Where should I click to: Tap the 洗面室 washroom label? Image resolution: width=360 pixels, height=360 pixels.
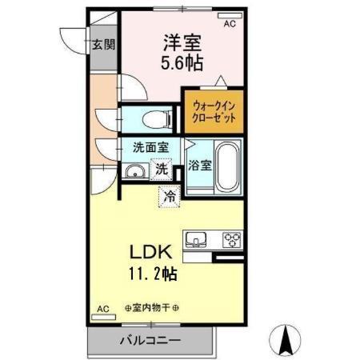(x=150, y=147)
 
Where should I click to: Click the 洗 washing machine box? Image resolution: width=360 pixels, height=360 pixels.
(x=162, y=169)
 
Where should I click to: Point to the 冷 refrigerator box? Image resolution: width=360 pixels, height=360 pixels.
(x=169, y=194)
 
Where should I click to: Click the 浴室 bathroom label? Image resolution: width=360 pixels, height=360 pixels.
(x=201, y=166)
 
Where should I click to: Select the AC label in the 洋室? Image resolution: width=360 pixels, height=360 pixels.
(x=230, y=25)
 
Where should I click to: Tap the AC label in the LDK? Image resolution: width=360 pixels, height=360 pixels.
(x=103, y=308)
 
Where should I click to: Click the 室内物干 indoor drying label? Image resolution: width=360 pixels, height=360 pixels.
(x=152, y=308)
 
